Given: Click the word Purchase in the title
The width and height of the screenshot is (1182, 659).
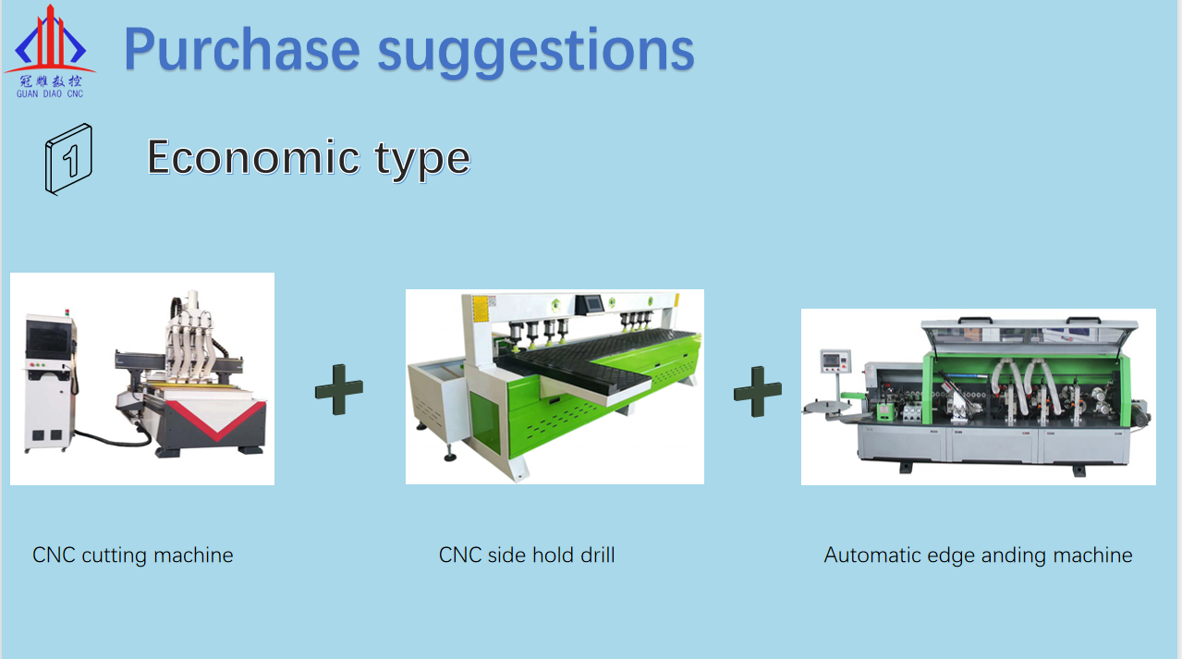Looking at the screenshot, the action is click(x=242, y=50).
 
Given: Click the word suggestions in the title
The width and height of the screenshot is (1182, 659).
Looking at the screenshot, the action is click(x=536, y=53).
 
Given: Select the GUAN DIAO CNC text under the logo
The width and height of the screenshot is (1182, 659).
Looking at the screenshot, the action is click(x=50, y=94).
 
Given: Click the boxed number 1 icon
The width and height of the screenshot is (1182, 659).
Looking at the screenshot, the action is click(x=68, y=159).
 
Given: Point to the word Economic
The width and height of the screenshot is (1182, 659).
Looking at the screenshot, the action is click(x=253, y=157).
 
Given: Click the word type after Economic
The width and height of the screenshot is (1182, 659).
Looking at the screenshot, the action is click(x=422, y=160).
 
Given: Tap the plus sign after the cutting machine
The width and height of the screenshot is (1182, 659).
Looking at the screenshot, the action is click(x=339, y=389).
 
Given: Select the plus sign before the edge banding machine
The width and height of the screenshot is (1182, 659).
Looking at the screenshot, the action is click(x=758, y=392).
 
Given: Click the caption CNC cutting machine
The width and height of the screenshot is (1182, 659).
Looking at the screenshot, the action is click(x=132, y=555).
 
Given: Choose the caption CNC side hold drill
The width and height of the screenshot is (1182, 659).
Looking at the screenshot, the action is click(x=527, y=555).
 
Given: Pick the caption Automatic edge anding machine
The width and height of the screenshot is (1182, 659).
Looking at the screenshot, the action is click(x=979, y=555).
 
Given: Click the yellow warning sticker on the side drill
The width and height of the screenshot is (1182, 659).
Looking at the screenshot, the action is click(x=481, y=308).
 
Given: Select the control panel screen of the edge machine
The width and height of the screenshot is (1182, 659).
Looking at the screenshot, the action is click(x=831, y=360).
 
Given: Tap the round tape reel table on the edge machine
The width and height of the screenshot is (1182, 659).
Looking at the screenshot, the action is click(x=826, y=408).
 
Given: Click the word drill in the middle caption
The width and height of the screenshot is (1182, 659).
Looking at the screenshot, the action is click(x=597, y=555).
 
